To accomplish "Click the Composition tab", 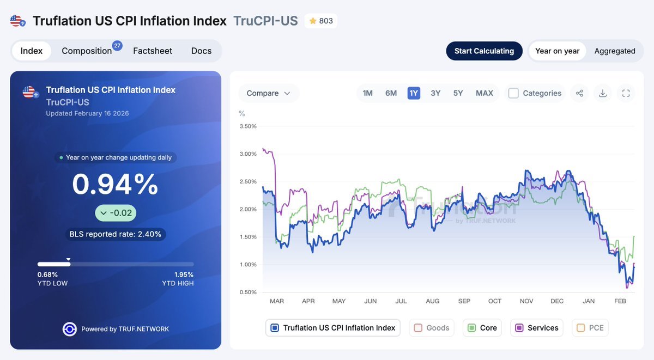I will click(87, 51).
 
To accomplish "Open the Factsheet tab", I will click(153, 51).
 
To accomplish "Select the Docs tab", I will click(201, 51).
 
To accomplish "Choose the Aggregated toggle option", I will click(615, 51).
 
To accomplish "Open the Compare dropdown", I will click(268, 93).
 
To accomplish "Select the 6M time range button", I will click(391, 93).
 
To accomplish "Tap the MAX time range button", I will click(484, 93).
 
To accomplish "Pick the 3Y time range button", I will click(435, 93).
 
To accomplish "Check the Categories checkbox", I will click(513, 93).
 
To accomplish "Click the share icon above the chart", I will click(579, 93).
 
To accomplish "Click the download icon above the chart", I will click(603, 93).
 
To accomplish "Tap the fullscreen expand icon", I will click(626, 93).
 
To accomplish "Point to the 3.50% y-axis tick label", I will click(248, 126).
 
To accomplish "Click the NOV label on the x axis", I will click(526, 301).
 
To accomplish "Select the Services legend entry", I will click(537, 328).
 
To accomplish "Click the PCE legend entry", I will click(590, 328).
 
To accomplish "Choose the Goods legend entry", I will click(432, 328).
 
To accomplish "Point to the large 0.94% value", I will click(115, 184).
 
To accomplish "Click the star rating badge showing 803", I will click(321, 21).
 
